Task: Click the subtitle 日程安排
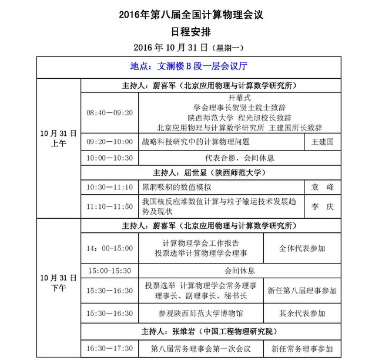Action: (x=190, y=31)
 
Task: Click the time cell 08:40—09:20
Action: (x=110, y=112)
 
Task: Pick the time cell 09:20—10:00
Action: (x=110, y=142)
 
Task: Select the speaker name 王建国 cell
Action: (x=322, y=142)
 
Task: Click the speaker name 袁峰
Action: (x=322, y=187)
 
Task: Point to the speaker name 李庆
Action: (x=322, y=207)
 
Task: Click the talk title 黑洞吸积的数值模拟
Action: (x=177, y=187)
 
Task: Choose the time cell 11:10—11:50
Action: (x=110, y=207)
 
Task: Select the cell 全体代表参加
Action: (x=302, y=249)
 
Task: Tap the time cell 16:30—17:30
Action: (x=110, y=349)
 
